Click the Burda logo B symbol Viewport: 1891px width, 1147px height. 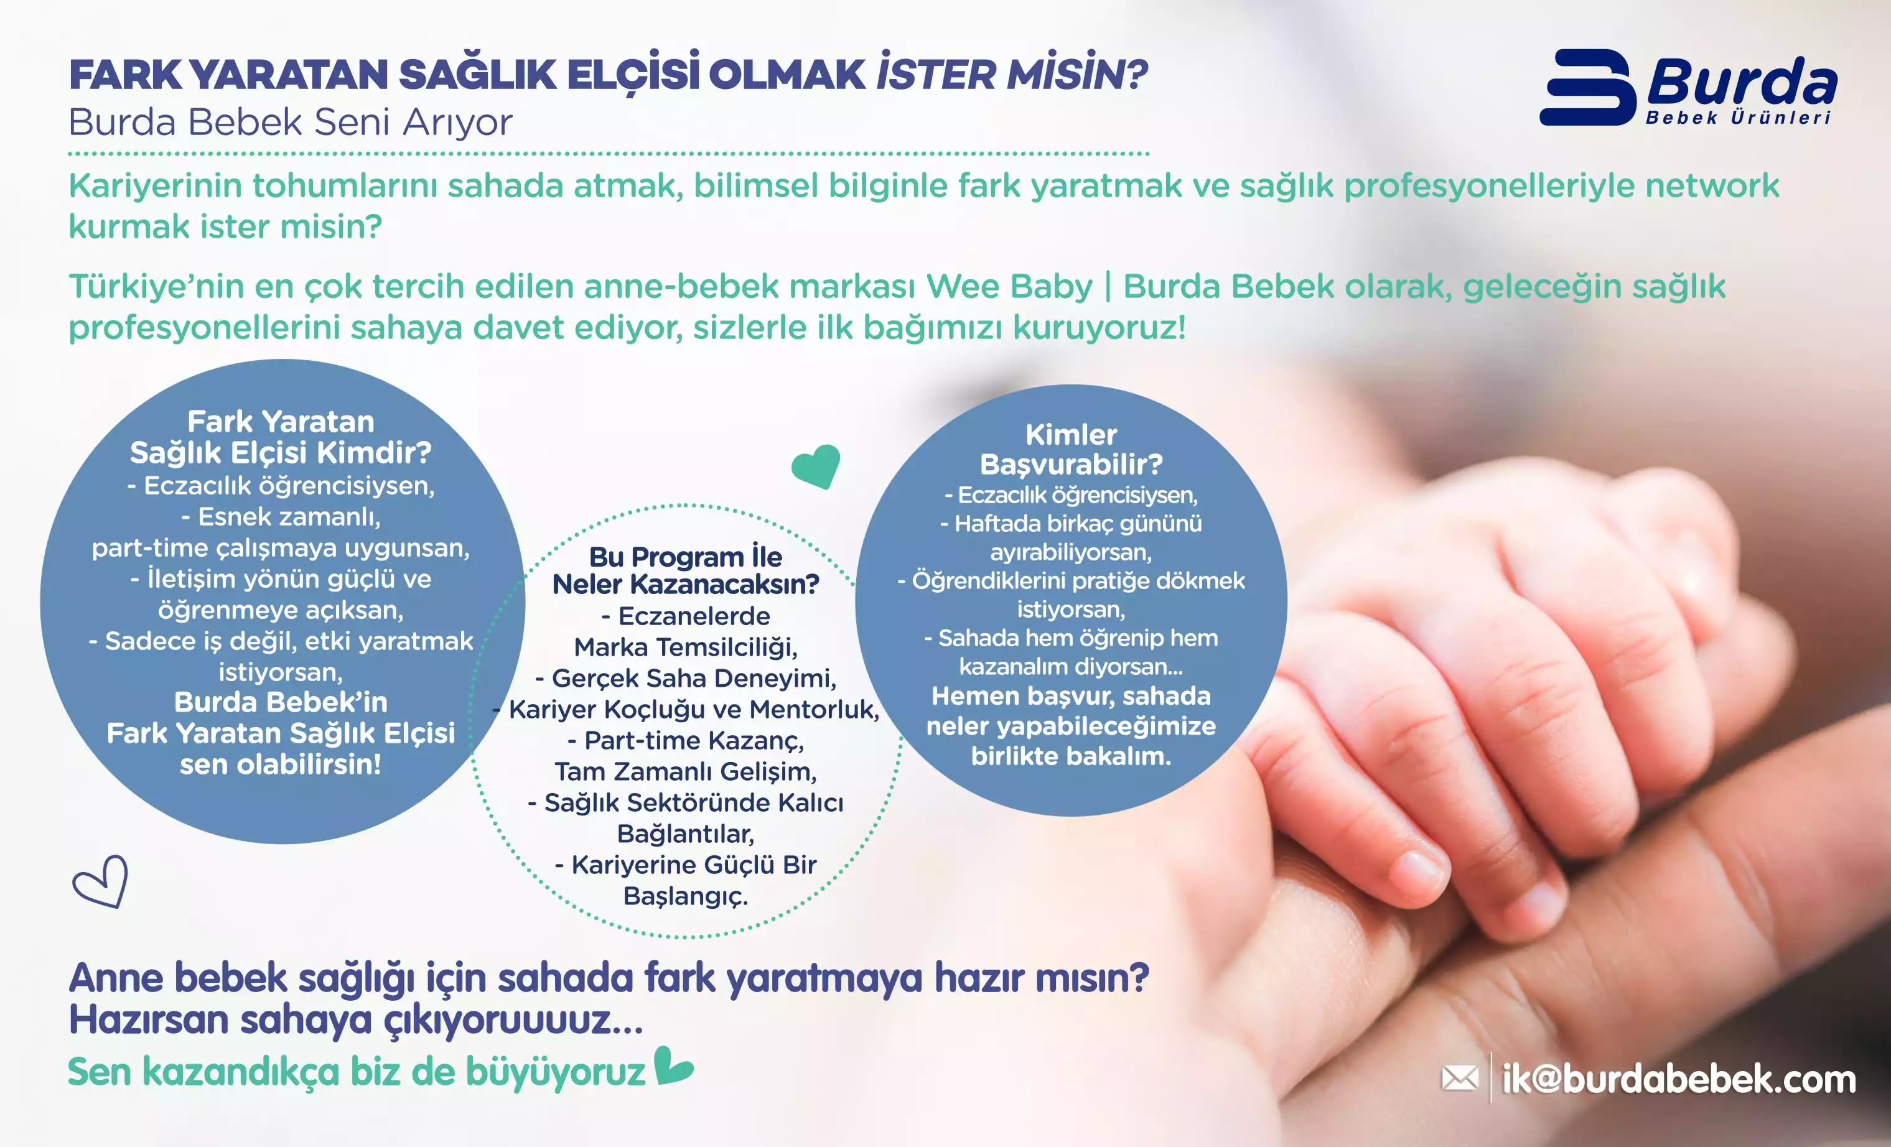click(x=1587, y=88)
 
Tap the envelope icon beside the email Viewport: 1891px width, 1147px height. click(x=1460, y=1078)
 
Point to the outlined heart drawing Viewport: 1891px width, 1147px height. click(x=101, y=882)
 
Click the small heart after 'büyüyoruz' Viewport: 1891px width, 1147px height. click(x=674, y=1066)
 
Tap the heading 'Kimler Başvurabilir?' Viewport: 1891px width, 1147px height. click(x=1071, y=450)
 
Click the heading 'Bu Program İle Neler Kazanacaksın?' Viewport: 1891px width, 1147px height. click(x=685, y=570)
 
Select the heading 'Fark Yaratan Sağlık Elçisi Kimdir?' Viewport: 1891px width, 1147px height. click(x=281, y=437)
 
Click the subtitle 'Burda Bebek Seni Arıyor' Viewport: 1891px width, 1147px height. click(x=290, y=122)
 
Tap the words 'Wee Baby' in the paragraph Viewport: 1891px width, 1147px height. click(x=1009, y=287)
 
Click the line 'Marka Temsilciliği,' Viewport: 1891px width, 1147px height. click(x=685, y=648)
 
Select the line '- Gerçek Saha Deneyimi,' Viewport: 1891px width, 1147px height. click(x=685, y=678)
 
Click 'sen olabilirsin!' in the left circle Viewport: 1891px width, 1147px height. click(x=281, y=764)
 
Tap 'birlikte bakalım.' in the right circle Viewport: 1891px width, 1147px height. click(x=1071, y=756)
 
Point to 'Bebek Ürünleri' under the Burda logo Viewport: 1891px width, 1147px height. click(x=1739, y=118)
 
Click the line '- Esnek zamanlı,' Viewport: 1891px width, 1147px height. click(x=281, y=517)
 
